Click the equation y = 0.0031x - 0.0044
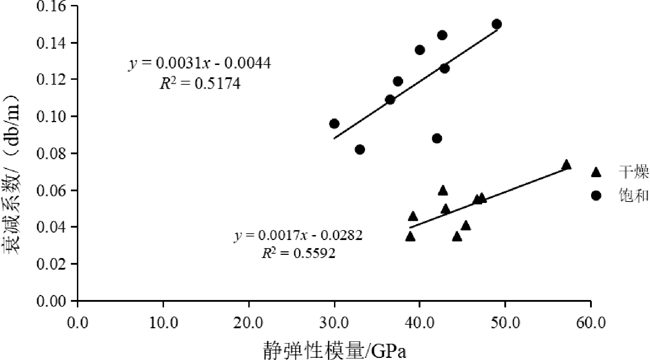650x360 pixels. (200, 64)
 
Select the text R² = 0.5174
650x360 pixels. (200, 84)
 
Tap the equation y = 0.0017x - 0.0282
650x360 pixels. (298, 235)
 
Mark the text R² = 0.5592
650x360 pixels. (298, 253)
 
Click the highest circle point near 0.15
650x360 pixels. (497, 24)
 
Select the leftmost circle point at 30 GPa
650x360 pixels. (334, 124)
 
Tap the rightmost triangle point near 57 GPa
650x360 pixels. (566, 165)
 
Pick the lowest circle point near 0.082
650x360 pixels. (360, 150)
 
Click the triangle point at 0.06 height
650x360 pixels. (443, 191)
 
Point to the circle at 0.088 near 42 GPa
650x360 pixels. (437, 138)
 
